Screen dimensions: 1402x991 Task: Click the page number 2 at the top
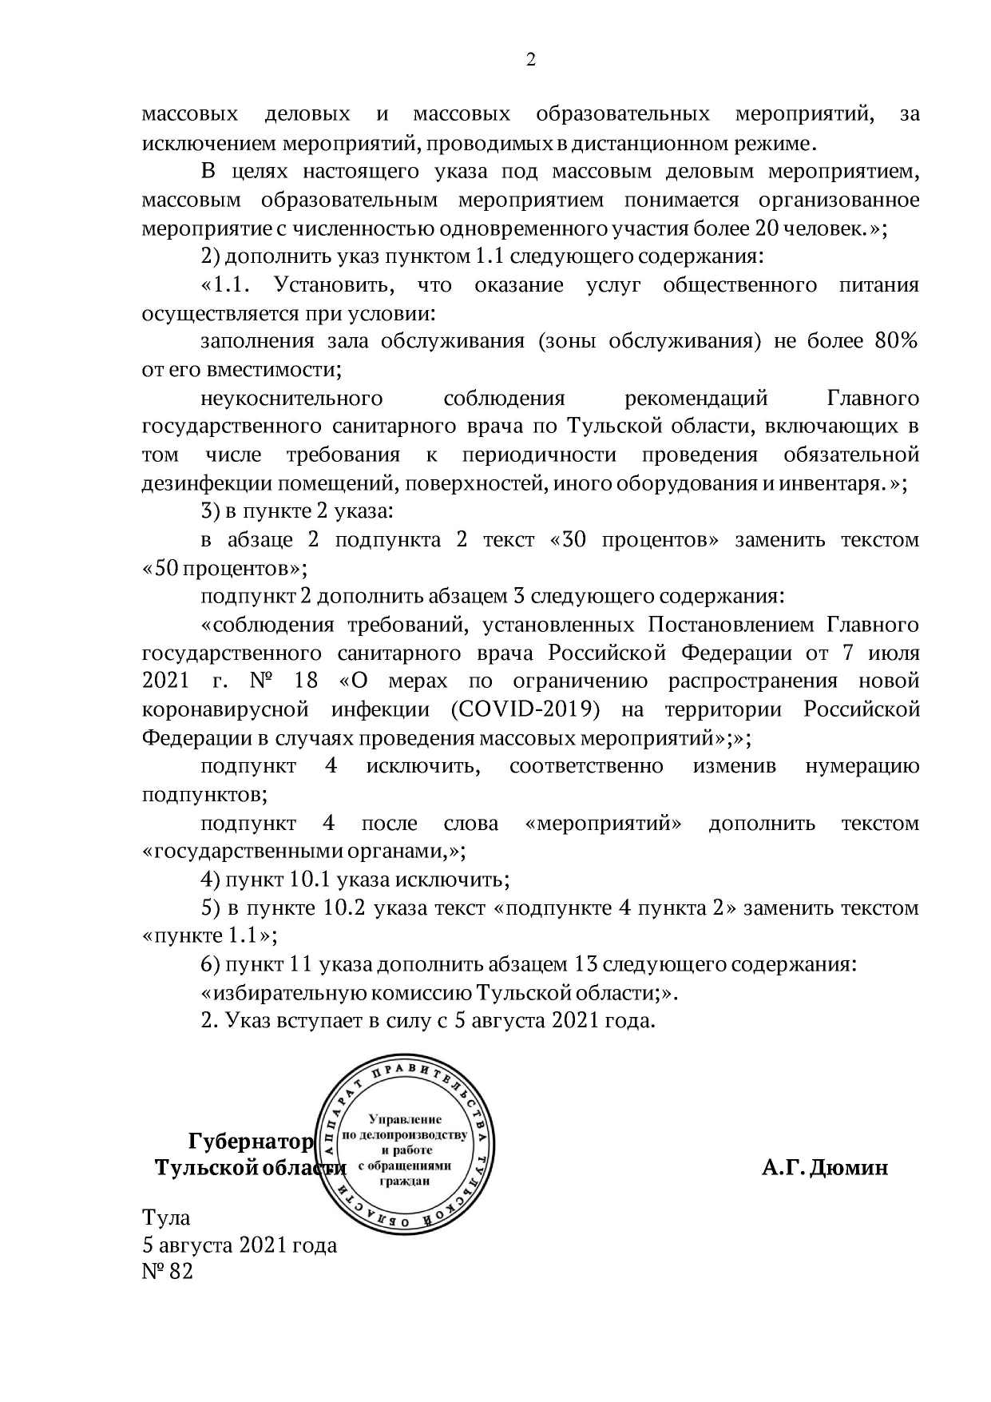[531, 60]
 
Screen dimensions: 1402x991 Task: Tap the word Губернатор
[251, 1141]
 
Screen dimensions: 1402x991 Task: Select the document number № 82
[167, 1271]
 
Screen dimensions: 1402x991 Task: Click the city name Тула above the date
[166, 1217]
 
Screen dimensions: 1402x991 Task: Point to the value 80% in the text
[896, 341]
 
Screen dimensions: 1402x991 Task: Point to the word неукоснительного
[291, 398]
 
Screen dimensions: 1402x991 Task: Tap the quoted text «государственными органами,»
[303, 851]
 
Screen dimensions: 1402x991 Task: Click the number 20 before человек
[763, 228]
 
